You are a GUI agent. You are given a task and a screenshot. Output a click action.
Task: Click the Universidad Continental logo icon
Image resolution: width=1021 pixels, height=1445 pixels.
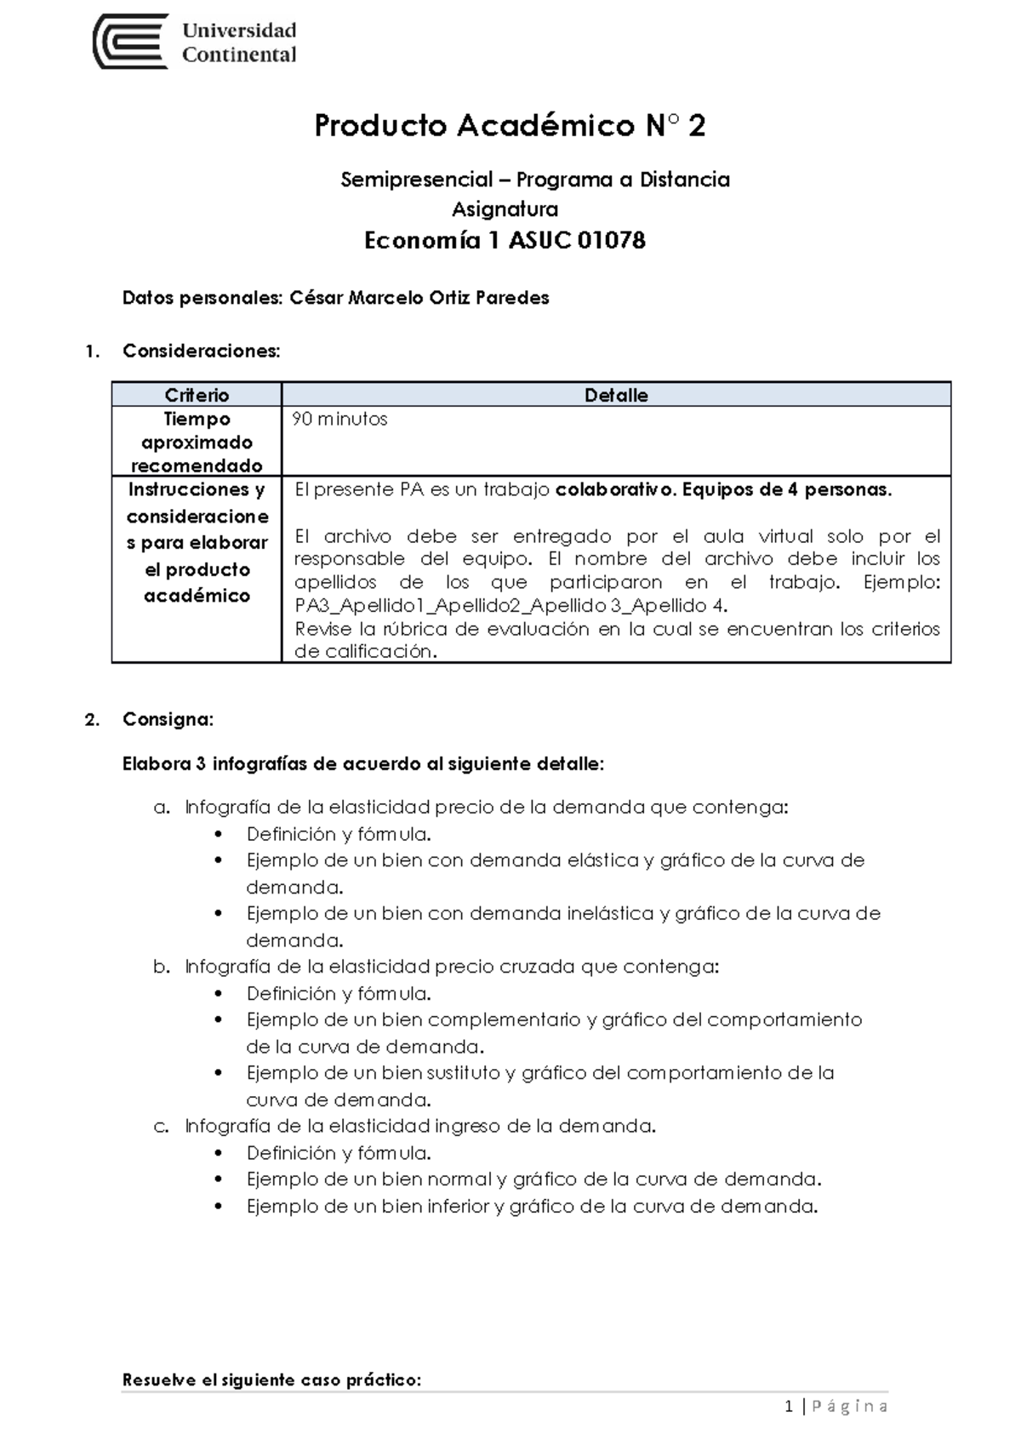pyautogui.click(x=129, y=42)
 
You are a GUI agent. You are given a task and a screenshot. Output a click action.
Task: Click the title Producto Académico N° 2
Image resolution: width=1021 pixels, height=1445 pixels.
pyautogui.click(x=510, y=126)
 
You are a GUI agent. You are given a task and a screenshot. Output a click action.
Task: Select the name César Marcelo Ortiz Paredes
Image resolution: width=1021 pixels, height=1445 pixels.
pyautogui.click(x=419, y=298)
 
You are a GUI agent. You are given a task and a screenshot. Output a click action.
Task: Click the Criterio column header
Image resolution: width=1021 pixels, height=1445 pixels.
pyautogui.click(x=197, y=395)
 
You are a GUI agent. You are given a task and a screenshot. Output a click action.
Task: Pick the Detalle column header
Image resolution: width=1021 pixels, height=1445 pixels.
pyautogui.click(x=616, y=395)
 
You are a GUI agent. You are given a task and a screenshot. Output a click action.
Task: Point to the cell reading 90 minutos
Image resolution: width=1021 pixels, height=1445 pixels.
pyautogui.click(x=339, y=419)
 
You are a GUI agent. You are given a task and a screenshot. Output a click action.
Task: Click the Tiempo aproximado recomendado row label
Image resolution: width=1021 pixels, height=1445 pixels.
pyautogui.click(x=197, y=442)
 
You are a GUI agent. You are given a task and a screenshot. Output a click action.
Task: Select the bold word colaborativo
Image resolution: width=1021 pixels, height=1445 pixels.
pyautogui.click(x=607, y=489)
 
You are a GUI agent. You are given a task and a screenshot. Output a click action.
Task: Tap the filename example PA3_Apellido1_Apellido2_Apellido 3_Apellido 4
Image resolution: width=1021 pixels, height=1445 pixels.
pyautogui.click(x=510, y=606)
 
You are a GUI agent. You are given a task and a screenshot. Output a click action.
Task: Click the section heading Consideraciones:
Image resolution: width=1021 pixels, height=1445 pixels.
pyautogui.click(x=201, y=351)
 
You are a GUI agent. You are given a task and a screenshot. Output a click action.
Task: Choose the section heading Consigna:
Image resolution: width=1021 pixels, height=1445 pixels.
pyautogui.click(x=168, y=719)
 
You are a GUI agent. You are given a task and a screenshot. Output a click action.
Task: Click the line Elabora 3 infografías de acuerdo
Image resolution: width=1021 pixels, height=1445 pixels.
pyautogui.click(x=363, y=763)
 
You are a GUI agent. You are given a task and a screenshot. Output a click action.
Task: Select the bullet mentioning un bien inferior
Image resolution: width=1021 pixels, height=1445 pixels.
pyautogui.click(x=532, y=1206)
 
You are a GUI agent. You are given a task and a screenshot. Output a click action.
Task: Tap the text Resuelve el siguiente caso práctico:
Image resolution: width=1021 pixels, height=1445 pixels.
pyautogui.click(x=272, y=1379)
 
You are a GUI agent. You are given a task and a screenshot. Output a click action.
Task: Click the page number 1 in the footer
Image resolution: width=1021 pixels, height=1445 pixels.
pyautogui.click(x=789, y=1406)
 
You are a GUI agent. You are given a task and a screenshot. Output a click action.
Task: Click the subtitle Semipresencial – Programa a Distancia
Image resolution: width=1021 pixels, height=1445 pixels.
pyautogui.click(x=535, y=180)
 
